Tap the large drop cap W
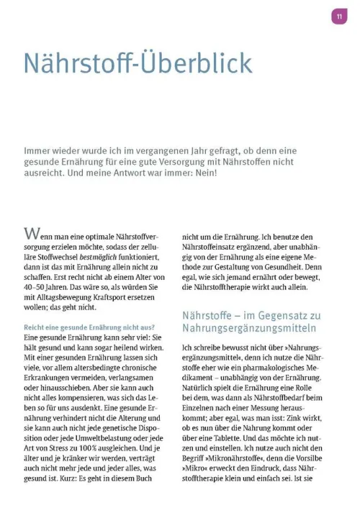[x=32, y=233]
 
